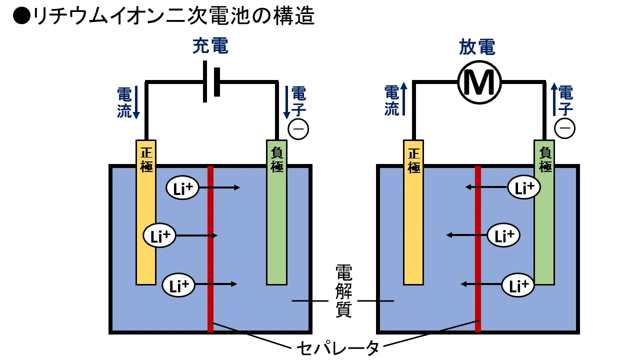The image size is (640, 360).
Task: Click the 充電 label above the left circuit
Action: tap(210, 46)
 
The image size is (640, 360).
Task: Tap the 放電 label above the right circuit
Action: tap(477, 46)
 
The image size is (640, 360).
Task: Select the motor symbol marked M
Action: tap(479, 83)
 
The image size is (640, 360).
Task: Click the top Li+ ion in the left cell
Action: tap(182, 187)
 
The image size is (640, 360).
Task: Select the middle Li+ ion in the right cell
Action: tap(504, 235)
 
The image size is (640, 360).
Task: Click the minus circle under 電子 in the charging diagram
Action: tap(298, 129)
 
